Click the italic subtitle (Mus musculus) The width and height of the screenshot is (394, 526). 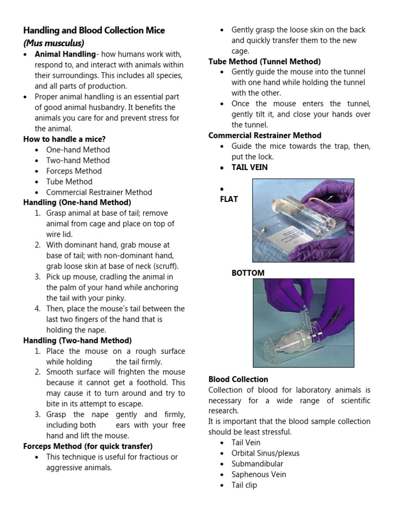click(54, 43)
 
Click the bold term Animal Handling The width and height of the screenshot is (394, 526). click(65, 54)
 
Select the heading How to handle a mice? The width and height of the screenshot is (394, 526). click(65, 139)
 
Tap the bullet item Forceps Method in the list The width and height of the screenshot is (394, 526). click(74, 171)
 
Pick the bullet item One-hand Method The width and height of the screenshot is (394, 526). click(77, 150)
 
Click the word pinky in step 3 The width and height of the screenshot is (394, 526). click(115, 298)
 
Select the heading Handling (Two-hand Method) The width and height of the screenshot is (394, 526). click(77, 340)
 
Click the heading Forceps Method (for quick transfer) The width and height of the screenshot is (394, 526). click(88, 446)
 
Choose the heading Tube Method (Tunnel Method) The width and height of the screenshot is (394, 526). click(264, 62)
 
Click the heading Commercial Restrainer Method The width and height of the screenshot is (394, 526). click(265, 136)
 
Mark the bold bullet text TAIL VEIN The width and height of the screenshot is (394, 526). click(249, 167)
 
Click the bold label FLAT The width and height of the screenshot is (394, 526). click(228, 199)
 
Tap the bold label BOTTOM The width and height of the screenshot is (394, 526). click(248, 273)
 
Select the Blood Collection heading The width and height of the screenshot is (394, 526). click(238, 379)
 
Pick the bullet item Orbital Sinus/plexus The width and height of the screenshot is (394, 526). click(265, 453)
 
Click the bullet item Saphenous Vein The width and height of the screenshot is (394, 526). click(259, 475)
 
